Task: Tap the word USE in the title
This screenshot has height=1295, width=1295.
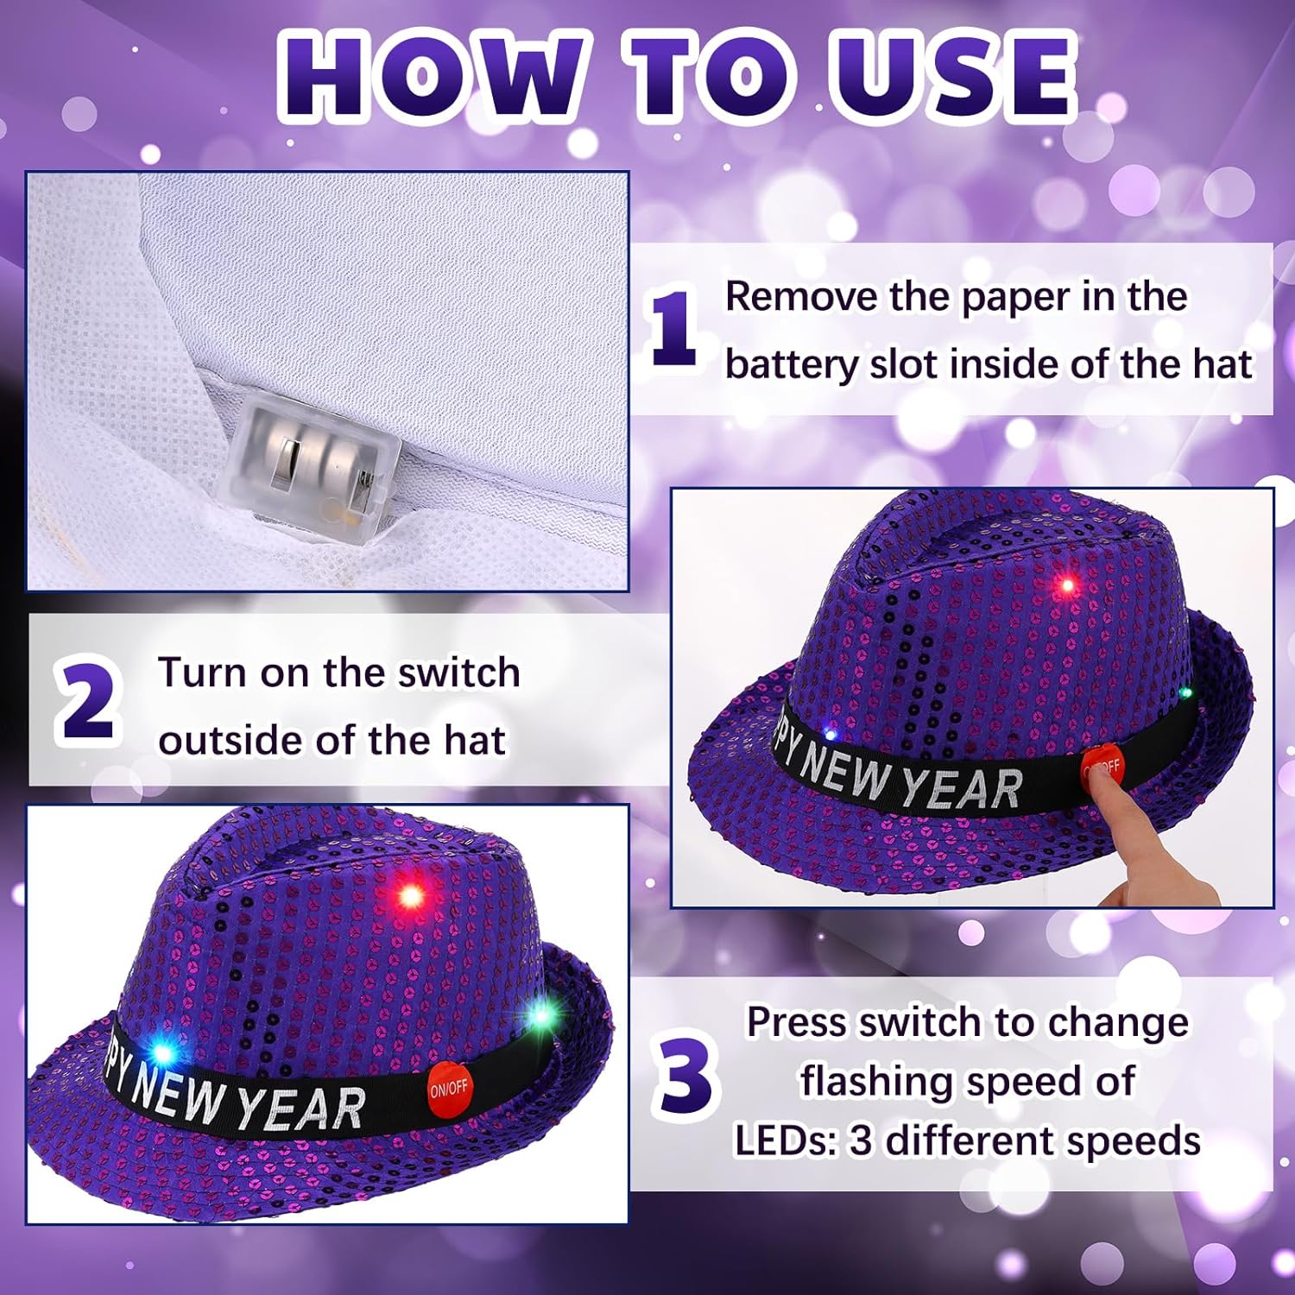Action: pos(953,76)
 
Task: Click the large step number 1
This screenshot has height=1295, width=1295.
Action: pos(674,329)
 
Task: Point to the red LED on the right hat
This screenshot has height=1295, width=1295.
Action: pos(1067,586)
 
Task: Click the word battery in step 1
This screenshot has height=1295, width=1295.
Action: pos(790,364)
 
